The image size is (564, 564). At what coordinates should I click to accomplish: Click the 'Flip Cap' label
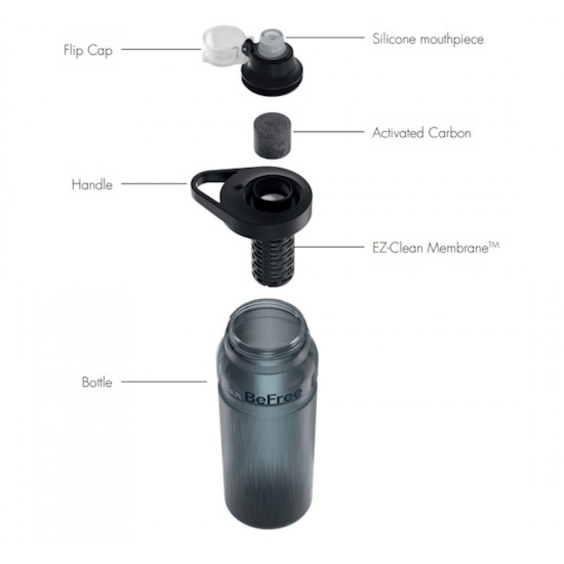87,50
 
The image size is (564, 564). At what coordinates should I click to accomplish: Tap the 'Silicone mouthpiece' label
428,39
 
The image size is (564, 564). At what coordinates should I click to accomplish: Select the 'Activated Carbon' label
421,133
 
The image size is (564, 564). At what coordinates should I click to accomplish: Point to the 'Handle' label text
92,184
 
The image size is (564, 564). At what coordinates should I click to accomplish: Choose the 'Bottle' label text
97,382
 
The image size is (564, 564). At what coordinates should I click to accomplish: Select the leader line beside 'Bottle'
164,382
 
